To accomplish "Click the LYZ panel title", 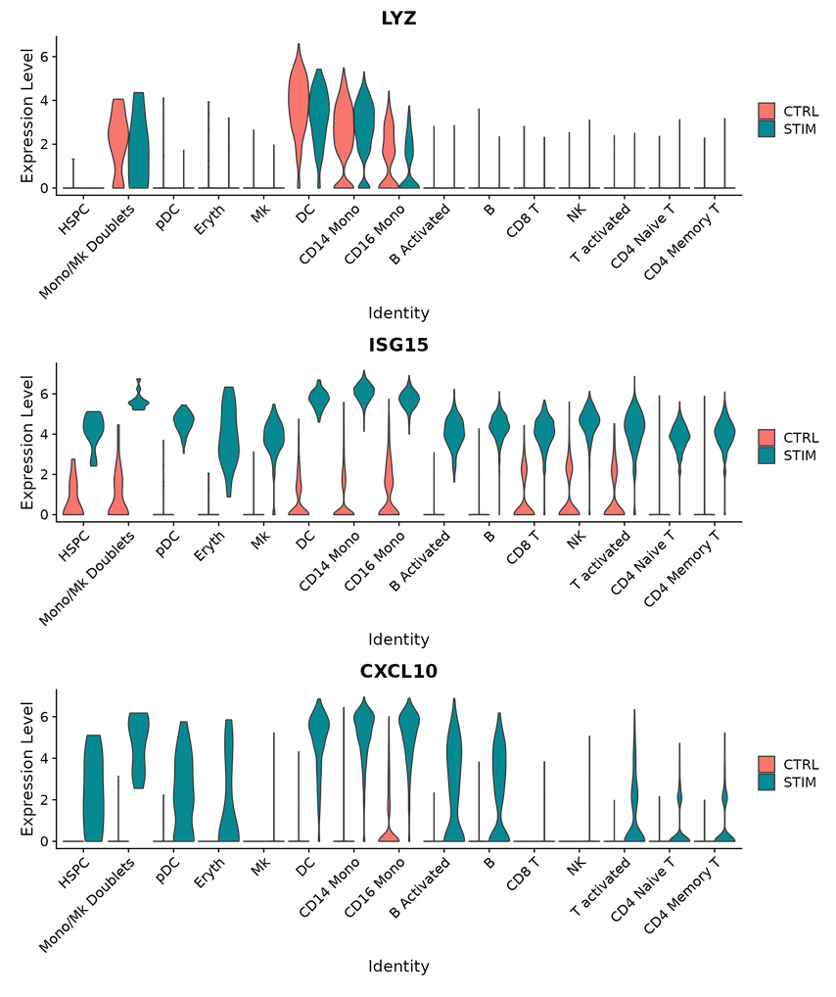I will (x=398, y=18).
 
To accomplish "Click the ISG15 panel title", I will (x=398, y=345).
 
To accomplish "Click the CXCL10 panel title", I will (x=398, y=671).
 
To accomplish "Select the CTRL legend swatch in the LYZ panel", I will (x=766, y=111).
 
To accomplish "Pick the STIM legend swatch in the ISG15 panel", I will (x=766, y=455).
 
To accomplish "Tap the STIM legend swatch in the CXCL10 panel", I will (x=766, y=782).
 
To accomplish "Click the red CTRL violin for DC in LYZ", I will (x=298, y=108).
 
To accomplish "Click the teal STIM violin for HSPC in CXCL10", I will (x=94, y=783).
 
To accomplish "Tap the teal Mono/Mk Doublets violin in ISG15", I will (x=139, y=401).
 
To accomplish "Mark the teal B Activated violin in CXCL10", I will (x=453, y=774).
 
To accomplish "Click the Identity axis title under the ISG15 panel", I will (x=398, y=640).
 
